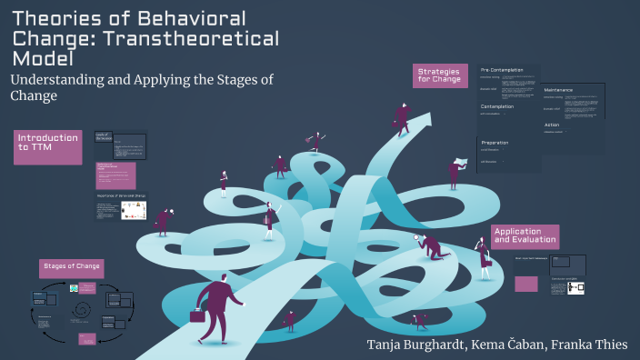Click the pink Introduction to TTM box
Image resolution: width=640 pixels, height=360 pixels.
pos(47,147)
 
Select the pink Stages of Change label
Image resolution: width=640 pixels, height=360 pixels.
pos(71,268)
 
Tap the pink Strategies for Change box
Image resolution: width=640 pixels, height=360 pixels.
pos(440,75)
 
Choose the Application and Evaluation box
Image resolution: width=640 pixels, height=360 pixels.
pos(524,236)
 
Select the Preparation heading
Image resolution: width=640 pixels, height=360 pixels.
pos(495,143)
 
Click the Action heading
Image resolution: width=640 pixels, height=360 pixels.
pos(552,125)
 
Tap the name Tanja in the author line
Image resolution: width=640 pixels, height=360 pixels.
pos(387,345)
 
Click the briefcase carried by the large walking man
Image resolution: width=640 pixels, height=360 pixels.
pos(197,315)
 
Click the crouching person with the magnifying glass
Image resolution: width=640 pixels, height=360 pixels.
pos(430,246)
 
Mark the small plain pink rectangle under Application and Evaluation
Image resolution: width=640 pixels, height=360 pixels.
pos(526,284)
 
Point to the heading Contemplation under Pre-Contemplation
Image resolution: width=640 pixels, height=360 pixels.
pos(497,106)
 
